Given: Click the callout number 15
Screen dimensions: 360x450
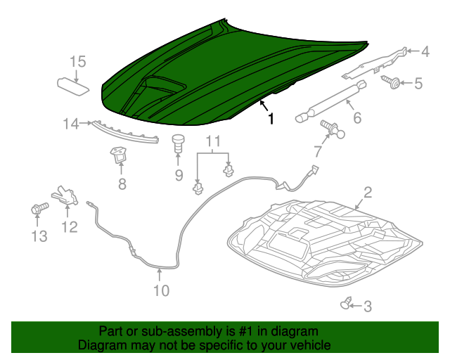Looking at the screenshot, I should [77, 62].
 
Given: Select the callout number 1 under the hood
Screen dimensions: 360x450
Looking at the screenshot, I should [270, 120].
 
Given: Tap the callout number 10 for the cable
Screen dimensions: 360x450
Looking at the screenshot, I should [161, 290].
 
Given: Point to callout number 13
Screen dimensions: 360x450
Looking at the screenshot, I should [39, 236].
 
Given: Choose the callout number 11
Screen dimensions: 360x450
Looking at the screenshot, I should [213, 143].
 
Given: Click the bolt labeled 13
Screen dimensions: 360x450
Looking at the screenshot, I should [39, 208].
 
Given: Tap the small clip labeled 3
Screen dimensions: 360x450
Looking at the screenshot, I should [345, 304].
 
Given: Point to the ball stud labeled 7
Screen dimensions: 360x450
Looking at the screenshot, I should [333, 128].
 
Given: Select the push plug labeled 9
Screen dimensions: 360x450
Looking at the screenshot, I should [178, 143].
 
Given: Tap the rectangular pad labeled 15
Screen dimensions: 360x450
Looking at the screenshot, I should [73, 85].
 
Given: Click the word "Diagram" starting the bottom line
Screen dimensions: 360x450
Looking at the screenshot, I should [102, 345].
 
